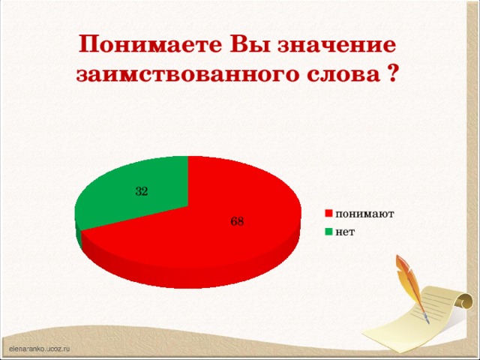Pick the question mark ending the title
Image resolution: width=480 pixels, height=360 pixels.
point(392,76)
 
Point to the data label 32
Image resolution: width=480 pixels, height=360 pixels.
point(142,191)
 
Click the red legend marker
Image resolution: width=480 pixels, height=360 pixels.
point(328,214)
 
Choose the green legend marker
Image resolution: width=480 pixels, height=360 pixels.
point(328,232)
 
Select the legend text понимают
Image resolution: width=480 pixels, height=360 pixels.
point(364,214)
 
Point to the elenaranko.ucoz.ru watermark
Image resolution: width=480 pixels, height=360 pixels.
point(39,349)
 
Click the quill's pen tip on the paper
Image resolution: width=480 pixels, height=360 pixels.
point(427,321)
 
